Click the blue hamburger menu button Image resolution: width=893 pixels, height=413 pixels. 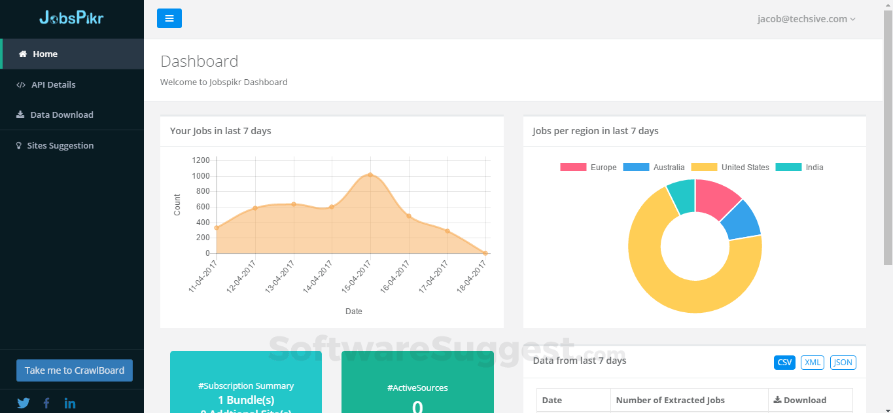click(x=169, y=18)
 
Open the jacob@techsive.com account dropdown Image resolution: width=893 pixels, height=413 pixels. click(x=806, y=19)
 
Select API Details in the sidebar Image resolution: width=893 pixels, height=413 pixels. click(x=53, y=84)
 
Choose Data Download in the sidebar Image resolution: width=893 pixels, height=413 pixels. click(x=61, y=115)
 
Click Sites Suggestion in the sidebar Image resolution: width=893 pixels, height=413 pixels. click(x=60, y=145)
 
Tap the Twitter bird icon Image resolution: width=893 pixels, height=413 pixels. click(x=24, y=403)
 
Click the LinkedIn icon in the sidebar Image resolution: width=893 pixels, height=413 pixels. click(x=70, y=403)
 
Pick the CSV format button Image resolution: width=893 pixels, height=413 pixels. click(x=784, y=363)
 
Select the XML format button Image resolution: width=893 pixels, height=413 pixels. click(x=813, y=363)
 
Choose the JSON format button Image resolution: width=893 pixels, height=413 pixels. click(x=843, y=363)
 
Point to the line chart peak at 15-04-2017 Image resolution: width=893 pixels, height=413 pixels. click(x=370, y=175)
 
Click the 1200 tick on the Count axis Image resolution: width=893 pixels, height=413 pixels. click(x=201, y=160)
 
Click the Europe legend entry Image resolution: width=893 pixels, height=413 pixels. click(x=588, y=168)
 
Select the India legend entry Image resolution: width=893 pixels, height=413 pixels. click(x=799, y=168)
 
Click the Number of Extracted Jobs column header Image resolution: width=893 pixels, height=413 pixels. click(x=670, y=400)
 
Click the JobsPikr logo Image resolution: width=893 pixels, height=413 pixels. click(x=71, y=18)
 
